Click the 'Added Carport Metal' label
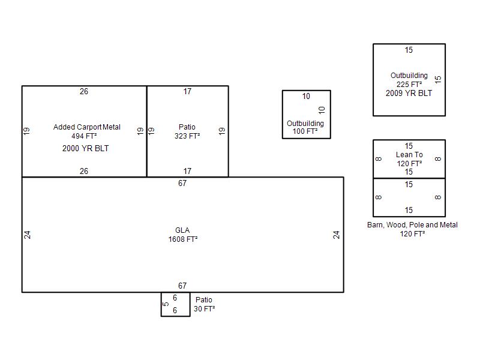click(x=87, y=127)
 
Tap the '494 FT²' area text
click(x=84, y=136)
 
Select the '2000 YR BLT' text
click(x=85, y=148)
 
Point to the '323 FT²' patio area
click(x=187, y=136)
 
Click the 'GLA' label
click(x=182, y=230)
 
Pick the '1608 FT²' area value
click(x=183, y=239)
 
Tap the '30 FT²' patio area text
click(x=204, y=309)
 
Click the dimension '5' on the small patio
click(x=166, y=304)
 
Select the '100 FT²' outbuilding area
click(x=305, y=131)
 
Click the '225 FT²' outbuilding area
click(x=409, y=85)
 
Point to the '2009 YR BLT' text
click(x=409, y=94)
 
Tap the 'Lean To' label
click(x=409, y=155)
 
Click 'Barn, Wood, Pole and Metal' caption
click(x=412, y=225)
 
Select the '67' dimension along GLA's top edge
click(x=182, y=184)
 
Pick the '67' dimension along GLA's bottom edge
click(x=182, y=286)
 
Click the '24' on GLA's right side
click(x=337, y=235)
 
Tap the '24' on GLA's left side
click(x=27, y=235)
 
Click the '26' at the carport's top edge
click(x=84, y=92)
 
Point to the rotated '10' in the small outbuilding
click(x=322, y=110)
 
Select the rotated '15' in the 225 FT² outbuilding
click(x=438, y=79)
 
